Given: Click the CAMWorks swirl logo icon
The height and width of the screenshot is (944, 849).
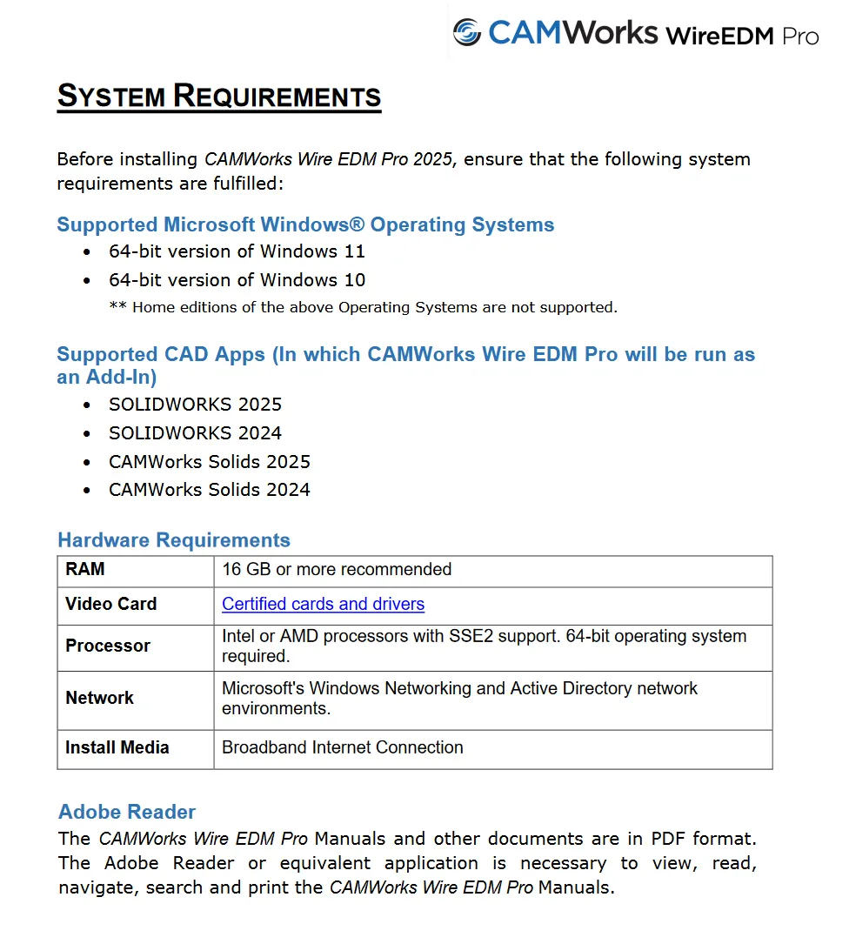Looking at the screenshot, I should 467,32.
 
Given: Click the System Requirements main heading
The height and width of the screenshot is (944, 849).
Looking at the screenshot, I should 219,96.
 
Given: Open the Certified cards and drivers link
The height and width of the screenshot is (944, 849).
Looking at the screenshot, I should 323,604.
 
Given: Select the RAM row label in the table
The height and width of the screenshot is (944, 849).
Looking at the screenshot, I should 85,570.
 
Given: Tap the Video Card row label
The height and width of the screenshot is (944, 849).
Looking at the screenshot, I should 111,604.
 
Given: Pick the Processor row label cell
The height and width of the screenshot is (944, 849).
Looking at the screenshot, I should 108,646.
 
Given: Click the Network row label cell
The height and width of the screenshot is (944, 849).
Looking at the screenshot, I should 100,698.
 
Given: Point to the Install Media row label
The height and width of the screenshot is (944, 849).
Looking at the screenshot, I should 117,747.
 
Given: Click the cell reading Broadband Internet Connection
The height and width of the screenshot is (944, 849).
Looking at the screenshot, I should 343,747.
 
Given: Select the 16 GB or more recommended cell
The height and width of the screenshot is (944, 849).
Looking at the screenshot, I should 337,570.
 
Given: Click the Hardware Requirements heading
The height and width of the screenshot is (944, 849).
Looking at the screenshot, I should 174,540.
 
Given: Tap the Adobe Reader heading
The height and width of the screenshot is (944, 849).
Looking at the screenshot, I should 127,812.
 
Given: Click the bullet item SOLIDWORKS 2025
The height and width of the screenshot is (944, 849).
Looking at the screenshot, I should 196,405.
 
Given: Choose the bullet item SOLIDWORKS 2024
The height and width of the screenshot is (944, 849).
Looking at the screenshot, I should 196,433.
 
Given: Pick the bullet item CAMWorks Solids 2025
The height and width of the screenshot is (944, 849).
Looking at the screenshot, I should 210,462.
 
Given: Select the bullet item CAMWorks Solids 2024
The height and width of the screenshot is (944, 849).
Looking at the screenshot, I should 210,490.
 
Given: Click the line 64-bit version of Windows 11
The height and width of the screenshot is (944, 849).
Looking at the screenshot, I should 237,251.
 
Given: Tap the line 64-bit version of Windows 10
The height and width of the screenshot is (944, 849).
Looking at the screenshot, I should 237,280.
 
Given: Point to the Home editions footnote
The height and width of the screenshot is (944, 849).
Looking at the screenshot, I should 363,307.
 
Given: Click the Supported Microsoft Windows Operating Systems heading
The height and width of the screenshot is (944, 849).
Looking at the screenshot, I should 305,224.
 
